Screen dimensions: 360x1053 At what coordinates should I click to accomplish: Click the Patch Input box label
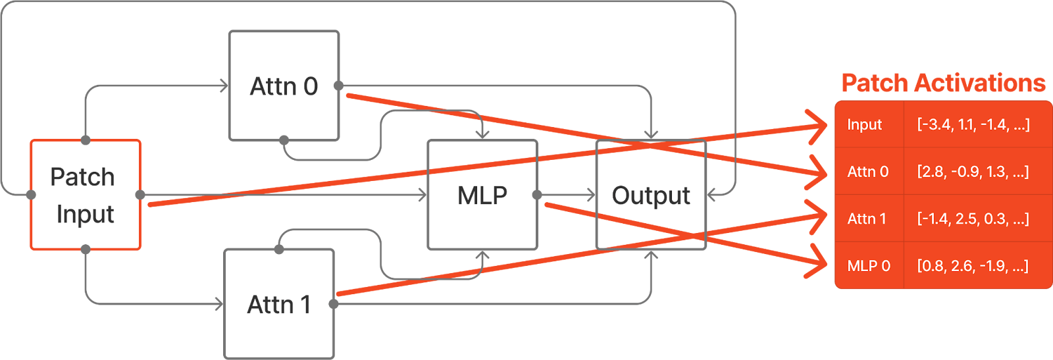84,195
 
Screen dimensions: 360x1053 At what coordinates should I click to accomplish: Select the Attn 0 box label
284,86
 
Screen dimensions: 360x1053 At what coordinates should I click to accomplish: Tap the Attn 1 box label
278,304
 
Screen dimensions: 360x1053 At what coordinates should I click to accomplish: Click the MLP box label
482,195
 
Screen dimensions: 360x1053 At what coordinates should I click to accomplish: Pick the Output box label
651,195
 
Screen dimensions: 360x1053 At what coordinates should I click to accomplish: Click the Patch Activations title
943,84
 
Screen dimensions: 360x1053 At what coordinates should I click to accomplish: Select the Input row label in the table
864,125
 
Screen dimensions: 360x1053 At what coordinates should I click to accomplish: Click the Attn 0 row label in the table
867,172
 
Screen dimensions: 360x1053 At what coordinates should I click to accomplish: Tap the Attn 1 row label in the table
866,219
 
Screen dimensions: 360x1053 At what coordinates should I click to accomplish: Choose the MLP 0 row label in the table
868,266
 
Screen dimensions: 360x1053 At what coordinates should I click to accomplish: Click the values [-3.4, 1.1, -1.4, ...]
973,125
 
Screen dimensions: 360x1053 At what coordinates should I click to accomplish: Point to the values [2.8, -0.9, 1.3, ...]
973,172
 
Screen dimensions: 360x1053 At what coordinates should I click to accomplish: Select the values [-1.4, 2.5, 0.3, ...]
973,219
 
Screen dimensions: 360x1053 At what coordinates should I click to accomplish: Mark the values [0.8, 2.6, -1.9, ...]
972,266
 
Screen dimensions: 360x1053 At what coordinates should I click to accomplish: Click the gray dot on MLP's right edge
537,195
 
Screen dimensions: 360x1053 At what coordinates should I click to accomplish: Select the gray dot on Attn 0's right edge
338,86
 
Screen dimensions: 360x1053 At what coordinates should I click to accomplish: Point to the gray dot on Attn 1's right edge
334,303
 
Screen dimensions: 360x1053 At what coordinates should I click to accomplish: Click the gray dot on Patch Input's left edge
30,195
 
